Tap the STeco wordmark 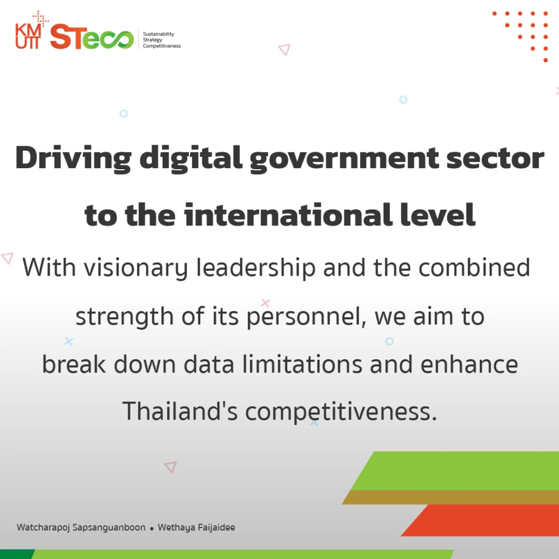92,37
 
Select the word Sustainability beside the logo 159,34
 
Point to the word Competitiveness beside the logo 162,46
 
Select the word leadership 256,268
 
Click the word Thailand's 180,411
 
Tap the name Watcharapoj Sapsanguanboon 81,528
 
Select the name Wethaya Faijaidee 197,528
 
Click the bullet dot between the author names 152,529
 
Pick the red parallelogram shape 480,520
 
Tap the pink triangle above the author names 171,467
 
